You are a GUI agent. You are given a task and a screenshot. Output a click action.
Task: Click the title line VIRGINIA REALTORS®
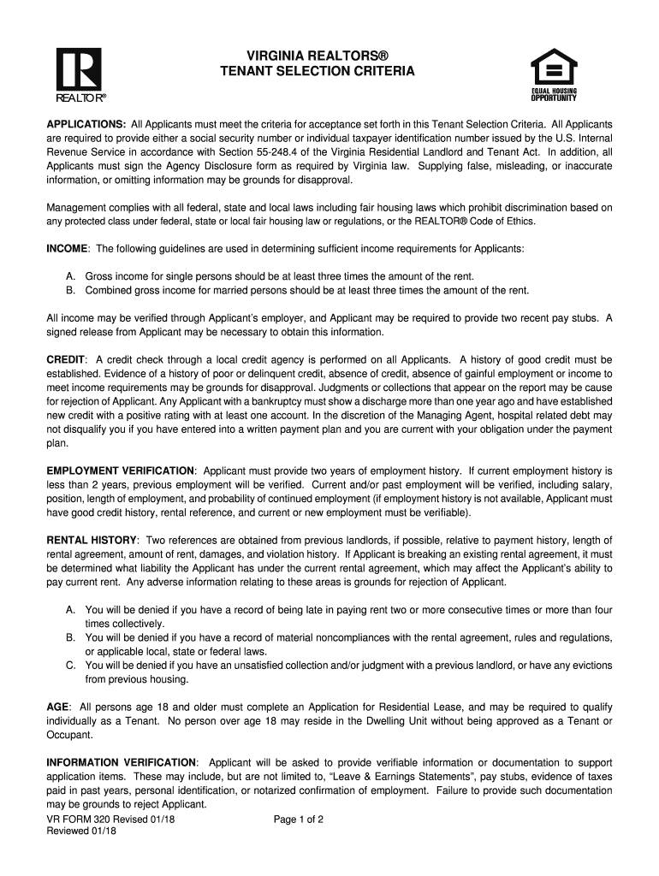[318, 55]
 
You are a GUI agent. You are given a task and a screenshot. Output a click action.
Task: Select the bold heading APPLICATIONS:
[86, 124]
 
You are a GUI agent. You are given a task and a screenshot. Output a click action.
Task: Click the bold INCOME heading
[67, 248]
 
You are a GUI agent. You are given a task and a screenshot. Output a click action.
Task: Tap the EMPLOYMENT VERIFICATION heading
[121, 471]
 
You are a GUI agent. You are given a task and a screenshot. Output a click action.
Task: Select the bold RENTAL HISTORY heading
[92, 541]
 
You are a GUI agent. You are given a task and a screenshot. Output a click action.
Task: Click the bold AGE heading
[57, 707]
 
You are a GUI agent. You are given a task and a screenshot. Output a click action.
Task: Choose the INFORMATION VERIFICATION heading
[122, 762]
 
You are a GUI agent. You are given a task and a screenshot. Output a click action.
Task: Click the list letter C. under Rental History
[71, 666]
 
